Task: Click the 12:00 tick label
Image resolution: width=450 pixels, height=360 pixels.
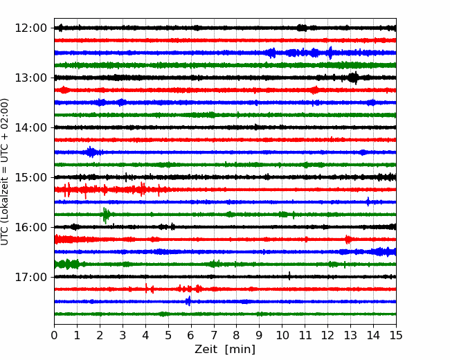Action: click(30, 28)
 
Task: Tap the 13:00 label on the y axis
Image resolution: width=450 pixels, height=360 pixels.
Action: click(30, 78)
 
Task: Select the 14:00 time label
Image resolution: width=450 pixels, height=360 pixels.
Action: click(30, 128)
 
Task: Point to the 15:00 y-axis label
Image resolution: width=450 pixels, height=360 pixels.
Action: click(30, 177)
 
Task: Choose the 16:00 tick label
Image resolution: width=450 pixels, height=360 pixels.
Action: click(30, 227)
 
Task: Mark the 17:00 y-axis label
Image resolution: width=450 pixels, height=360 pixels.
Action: click(30, 277)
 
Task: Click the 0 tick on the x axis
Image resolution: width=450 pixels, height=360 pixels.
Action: click(54, 335)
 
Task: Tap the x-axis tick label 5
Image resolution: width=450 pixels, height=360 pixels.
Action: click(168, 335)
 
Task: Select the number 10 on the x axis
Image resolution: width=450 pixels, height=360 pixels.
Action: click(282, 335)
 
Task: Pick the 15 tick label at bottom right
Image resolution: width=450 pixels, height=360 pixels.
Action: click(396, 335)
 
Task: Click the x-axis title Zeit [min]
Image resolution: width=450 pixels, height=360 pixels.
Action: click(225, 350)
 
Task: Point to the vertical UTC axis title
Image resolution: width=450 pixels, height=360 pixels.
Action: click(4, 172)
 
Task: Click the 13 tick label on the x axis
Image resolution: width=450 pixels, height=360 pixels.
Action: click(351, 335)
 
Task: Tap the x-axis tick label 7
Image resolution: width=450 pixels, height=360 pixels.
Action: click(214, 335)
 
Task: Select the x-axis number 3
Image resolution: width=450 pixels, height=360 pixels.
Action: click(123, 335)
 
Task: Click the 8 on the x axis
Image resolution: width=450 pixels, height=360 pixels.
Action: click(237, 335)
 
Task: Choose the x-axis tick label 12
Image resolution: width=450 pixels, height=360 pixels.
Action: click(327, 335)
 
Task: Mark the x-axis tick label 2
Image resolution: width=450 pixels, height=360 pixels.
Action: click(100, 335)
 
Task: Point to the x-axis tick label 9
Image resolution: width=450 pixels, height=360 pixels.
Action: click(260, 335)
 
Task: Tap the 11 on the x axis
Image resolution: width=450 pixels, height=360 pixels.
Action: click(305, 335)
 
